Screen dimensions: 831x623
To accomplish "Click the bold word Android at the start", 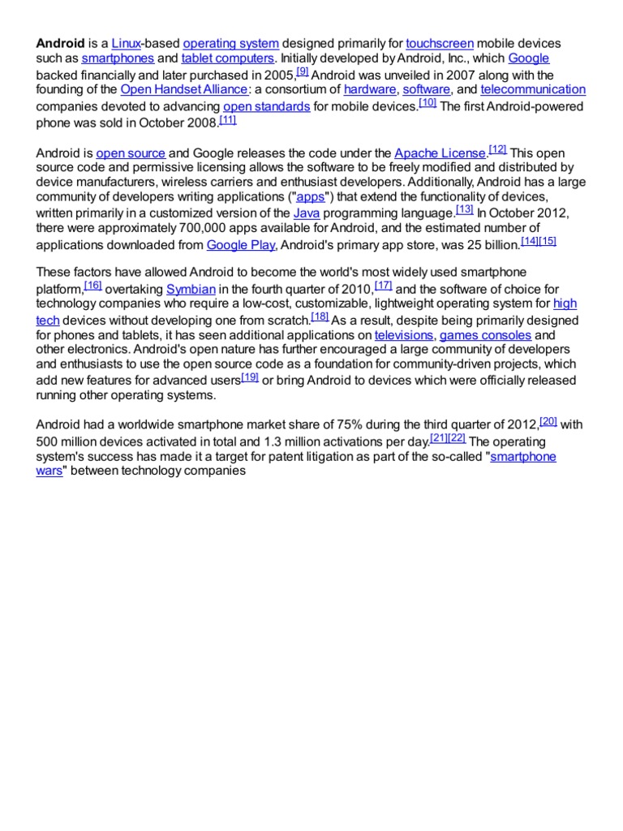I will pyautogui.click(x=60, y=43).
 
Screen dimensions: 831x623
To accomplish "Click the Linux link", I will pyautogui.click(x=126, y=43).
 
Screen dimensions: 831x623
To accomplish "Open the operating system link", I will pyautogui.click(x=231, y=43).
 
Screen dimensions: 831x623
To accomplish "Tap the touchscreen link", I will pyautogui.click(x=439, y=43).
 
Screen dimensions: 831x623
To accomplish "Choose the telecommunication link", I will pyautogui.click(x=532, y=90).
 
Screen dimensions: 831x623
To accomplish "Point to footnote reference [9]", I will pyautogui.click(x=303, y=71).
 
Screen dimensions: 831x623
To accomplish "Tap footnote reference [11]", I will pyautogui.click(x=228, y=119).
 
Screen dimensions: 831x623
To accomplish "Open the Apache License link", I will pyautogui.click(x=440, y=153).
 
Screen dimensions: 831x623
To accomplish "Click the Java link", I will pyautogui.click(x=306, y=213).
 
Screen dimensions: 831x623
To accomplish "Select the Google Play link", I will pyautogui.click(x=241, y=244).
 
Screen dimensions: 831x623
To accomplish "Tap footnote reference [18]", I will pyautogui.click(x=320, y=316).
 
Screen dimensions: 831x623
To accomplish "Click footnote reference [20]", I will pyautogui.click(x=548, y=420).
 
